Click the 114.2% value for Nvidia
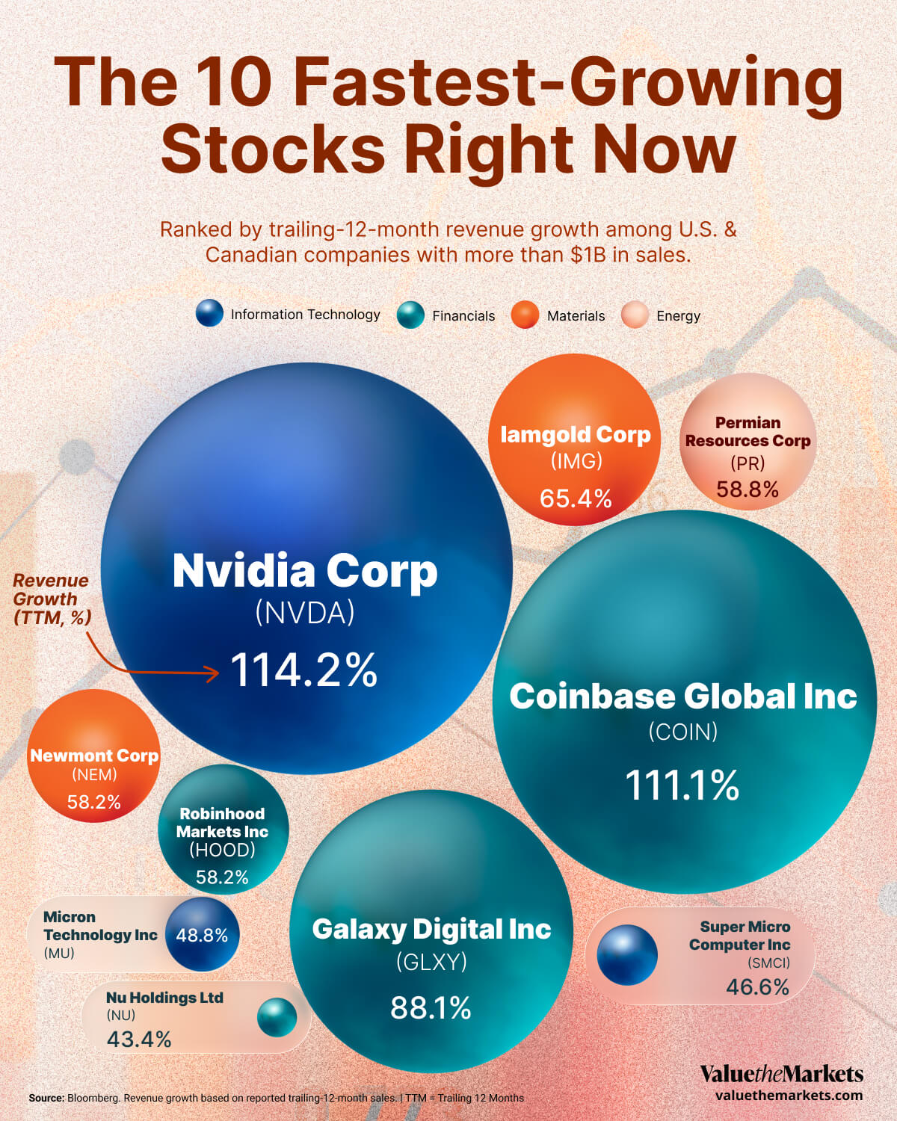pyautogui.click(x=303, y=670)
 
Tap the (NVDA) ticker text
pyautogui.click(x=305, y=613)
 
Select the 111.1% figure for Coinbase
pyautogui.click(x=682, y=785)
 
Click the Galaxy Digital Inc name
pyautogui.click(x=431, y=929)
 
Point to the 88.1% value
pyautogui.click(x=431, y=1008)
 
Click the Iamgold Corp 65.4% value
pyautogui.click(x=576, y=498)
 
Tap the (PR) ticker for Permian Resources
pyautogui.click(x=747, y=463)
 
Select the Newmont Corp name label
pyautogui.click(x=94, y=756)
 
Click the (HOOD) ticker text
pyautogui.click(x=222, y=850)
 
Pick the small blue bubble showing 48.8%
pyautogui.click(x=202, y=935)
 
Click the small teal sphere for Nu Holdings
pyautogui.click(x=277, y=1017)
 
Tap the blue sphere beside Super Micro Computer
pyautogui.click(x=627, y=954)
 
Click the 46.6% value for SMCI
pyautogui.click(x=757, y=987)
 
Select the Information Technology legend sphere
pyautogui.click(x=209, y=314)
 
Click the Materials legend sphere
pyautogui.click(x=525, y=315)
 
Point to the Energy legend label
pyautogui.click(x=678, y=315)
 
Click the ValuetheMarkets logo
pyautogui.click(x=781, y=1074)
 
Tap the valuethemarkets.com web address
pyautogui.click(x=789, y=1096)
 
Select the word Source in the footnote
pyautogui.click(x=46, y=1098)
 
